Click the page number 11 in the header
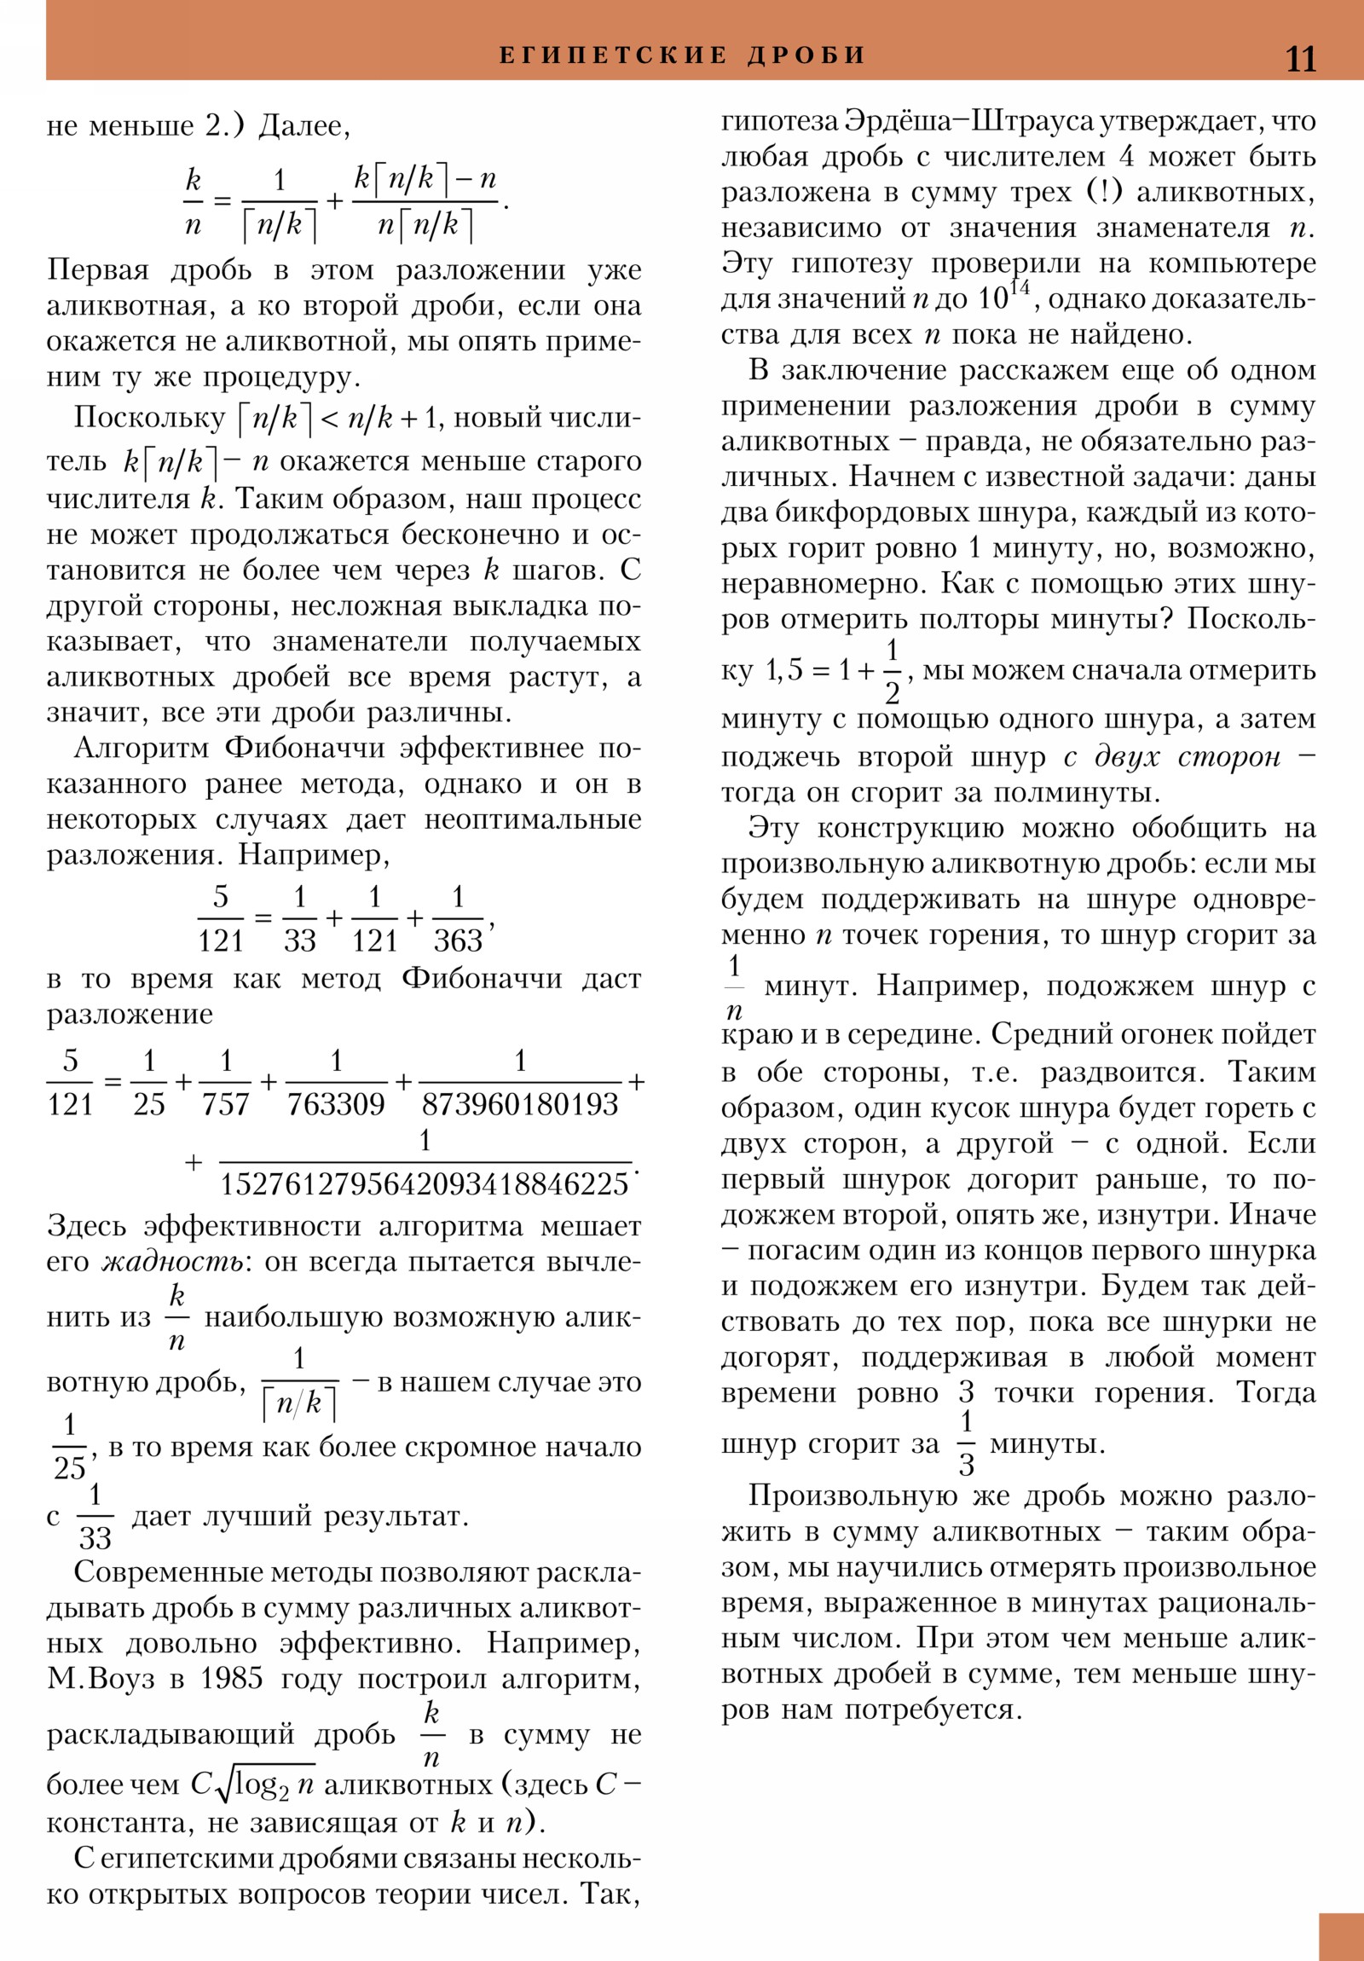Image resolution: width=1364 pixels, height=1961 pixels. pos(1300,59)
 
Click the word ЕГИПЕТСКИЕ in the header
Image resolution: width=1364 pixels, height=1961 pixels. pos(612,55)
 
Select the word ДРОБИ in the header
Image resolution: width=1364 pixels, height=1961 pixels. pos(806,55)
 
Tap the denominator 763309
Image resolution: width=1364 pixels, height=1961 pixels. pos(336,1104)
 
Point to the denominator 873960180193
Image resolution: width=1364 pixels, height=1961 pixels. pos(519,1104)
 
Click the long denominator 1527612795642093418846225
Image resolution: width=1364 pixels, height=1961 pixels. pos(425,1183)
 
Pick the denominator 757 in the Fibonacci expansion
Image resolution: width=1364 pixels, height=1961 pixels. pos(225,1104)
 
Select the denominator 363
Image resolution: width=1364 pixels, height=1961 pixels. pos(458,940)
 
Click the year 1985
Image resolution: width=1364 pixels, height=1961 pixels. pos(232,1678)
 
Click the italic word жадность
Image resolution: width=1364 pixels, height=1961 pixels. pos(171,1262)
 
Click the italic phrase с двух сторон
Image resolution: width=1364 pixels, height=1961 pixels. pos(1172,757)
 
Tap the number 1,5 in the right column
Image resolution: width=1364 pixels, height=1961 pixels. pos(784,670)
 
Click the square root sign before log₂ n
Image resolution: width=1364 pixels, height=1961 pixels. pos(223,1785)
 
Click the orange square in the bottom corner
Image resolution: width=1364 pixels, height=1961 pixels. pos(1341,1936)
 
